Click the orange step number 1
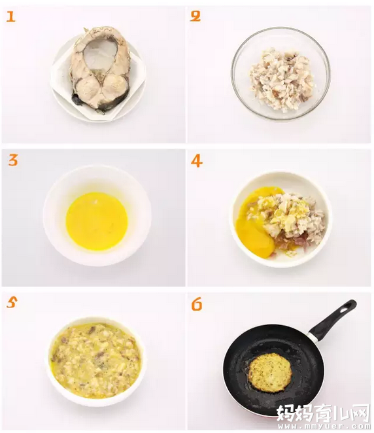[10, 17]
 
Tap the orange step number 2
[195, 16]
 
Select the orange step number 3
[12, 161]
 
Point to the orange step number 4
[197, 161]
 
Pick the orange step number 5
[12, 303]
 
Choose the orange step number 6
[197, 305]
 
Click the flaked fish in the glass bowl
[281, 78]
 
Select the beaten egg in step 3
[97, 221]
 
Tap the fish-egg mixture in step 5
[95, 360]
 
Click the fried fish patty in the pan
[271, 372]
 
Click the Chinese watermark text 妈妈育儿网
[323, 413]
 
